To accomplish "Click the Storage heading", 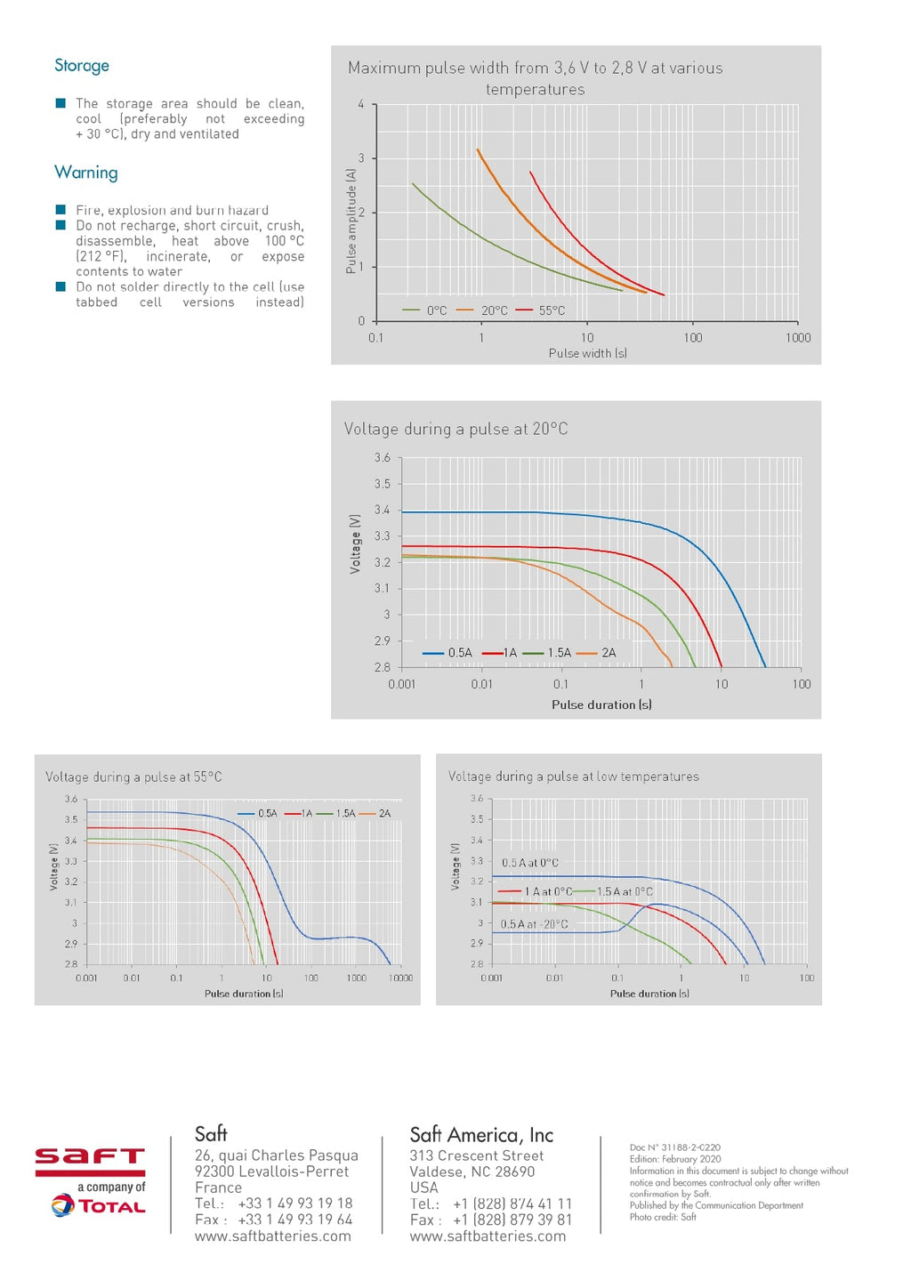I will click(82, 66).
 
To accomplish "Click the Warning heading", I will click(85, 173).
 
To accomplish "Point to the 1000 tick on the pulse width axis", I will click(797, 338).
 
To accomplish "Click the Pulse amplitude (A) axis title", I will click(351, 221).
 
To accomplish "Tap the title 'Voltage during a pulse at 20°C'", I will click(455, 429).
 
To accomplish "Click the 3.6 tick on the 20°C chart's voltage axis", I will click(382, 458).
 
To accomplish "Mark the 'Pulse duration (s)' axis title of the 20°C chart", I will click(601, 704).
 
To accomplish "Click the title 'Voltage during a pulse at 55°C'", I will click(133, 777).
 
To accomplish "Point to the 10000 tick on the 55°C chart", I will click(400, 978).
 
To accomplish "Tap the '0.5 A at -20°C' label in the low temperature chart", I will click(534, 924).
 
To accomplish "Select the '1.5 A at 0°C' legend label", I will click(625, 891).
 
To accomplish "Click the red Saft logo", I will click(90, 1157).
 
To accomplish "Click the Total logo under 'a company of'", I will click(99, 1206).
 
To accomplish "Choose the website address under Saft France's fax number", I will click(272, 1236).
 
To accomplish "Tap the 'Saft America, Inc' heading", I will click(481, 1135).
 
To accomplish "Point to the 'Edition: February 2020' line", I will click(675, 1159).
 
